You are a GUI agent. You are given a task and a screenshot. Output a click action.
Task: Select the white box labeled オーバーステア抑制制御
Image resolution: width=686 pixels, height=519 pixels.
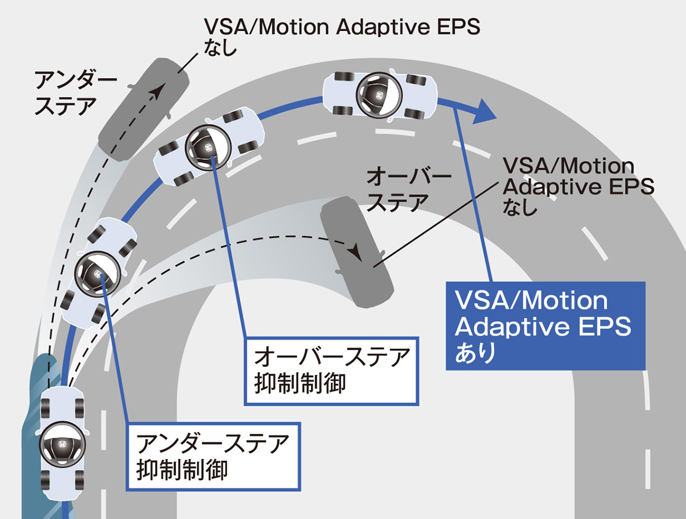pos(332,370)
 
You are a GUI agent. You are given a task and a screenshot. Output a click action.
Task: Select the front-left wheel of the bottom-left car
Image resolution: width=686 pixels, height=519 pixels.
pos(46,408)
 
